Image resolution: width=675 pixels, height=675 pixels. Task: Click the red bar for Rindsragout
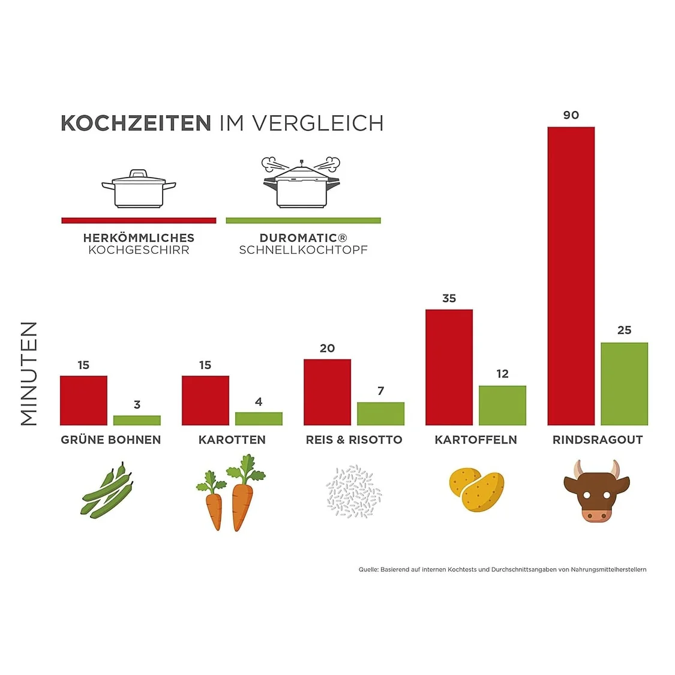[x=571, y=276]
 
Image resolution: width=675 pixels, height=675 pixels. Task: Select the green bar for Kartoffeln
[x=502, y=406]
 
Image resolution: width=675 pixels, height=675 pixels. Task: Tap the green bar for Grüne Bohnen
[x=137, y=420]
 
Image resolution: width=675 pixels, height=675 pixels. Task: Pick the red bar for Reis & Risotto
[x=327, y=392]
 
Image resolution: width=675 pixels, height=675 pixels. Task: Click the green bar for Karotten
[x=259, y=418]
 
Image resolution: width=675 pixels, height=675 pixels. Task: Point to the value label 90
[x=571, y=115]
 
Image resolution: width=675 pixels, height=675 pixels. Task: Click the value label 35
[x=449, y=298]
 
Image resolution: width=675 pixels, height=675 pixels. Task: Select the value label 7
[x=380, y=391]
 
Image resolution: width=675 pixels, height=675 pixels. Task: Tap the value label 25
[x=624, y=330]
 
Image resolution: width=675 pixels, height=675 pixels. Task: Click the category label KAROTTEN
[x=232, y=440]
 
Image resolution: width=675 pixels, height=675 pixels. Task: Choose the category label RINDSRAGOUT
[x=597, y=440]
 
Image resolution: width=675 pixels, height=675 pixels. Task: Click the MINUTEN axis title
[x=29, y=373]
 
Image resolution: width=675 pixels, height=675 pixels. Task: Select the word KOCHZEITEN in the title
[x=136, y=123]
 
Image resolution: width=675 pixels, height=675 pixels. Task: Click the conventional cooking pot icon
[x=139, y=189]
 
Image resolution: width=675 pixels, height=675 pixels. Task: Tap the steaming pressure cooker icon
[x=301, y=183]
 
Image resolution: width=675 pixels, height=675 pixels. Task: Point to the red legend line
[x=139, y=221]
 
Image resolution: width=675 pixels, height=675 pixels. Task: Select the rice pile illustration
[x=353, y=491]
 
